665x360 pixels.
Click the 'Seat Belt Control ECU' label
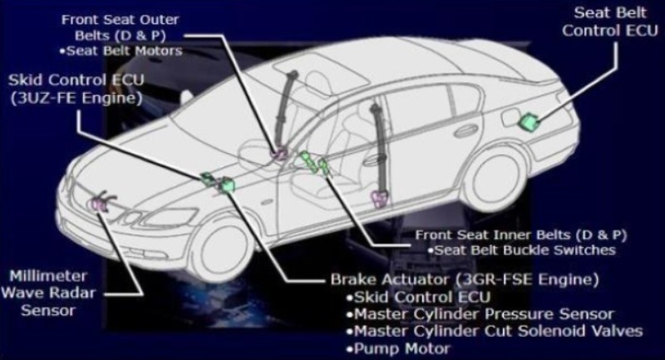[x=610, y=22]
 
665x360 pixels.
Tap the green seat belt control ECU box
[x=529, y=121]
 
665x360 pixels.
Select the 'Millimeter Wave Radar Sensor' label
[x=48, y=293]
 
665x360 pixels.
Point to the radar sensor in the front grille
[x=98, y=204]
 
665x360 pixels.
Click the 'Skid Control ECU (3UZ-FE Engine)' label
[x=76, y=89]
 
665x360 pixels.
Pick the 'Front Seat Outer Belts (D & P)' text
[x=120, y=27]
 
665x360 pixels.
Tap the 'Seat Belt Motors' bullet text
[x=121, y=51]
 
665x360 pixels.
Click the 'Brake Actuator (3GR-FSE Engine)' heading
[x=465, y=280]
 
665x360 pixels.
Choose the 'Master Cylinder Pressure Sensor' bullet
[x=480, y=314]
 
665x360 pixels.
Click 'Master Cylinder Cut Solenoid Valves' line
[x=495, y=331]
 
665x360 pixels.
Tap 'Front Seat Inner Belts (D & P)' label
[x=521, y=235]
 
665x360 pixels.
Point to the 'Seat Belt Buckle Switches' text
[x=521, y=250]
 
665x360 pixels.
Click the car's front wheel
[x=222, y=249]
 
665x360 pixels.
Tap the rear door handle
[x=465, y=131]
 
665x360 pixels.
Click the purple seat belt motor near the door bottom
[x=379, y=199]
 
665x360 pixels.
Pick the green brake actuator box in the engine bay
[x=227, y=185]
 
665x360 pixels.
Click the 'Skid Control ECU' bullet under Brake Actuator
[x=418, y=298]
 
